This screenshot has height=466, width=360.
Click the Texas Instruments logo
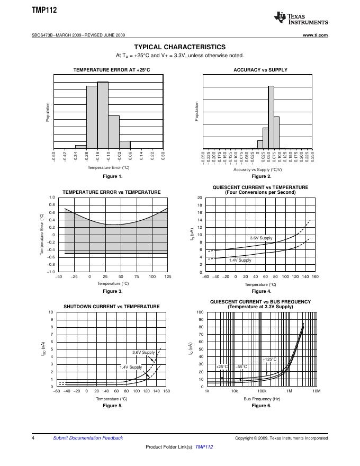[301, 19]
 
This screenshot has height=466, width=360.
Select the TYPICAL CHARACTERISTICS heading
[180, 47]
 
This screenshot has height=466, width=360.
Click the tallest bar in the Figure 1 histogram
[103, 115]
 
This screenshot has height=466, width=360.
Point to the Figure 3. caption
[112, 291]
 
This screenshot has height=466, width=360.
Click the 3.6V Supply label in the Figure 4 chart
[261, 238]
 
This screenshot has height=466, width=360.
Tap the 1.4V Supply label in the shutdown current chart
[131, 367]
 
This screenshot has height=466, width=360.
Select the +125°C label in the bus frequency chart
[269, 359]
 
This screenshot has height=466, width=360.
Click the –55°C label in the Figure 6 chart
[241, 366]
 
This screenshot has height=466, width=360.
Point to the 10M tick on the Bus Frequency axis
[317, 391]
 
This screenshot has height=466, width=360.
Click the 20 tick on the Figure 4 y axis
[200, 198]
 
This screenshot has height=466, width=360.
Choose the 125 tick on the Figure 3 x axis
[168, 276]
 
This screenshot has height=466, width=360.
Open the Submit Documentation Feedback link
[88, 438]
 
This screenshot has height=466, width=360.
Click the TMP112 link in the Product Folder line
[204, 447]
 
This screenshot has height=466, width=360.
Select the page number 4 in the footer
[33, 438]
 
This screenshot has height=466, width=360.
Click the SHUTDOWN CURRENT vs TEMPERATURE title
[112, 307]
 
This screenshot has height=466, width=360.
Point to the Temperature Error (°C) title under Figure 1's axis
[109, 167]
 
